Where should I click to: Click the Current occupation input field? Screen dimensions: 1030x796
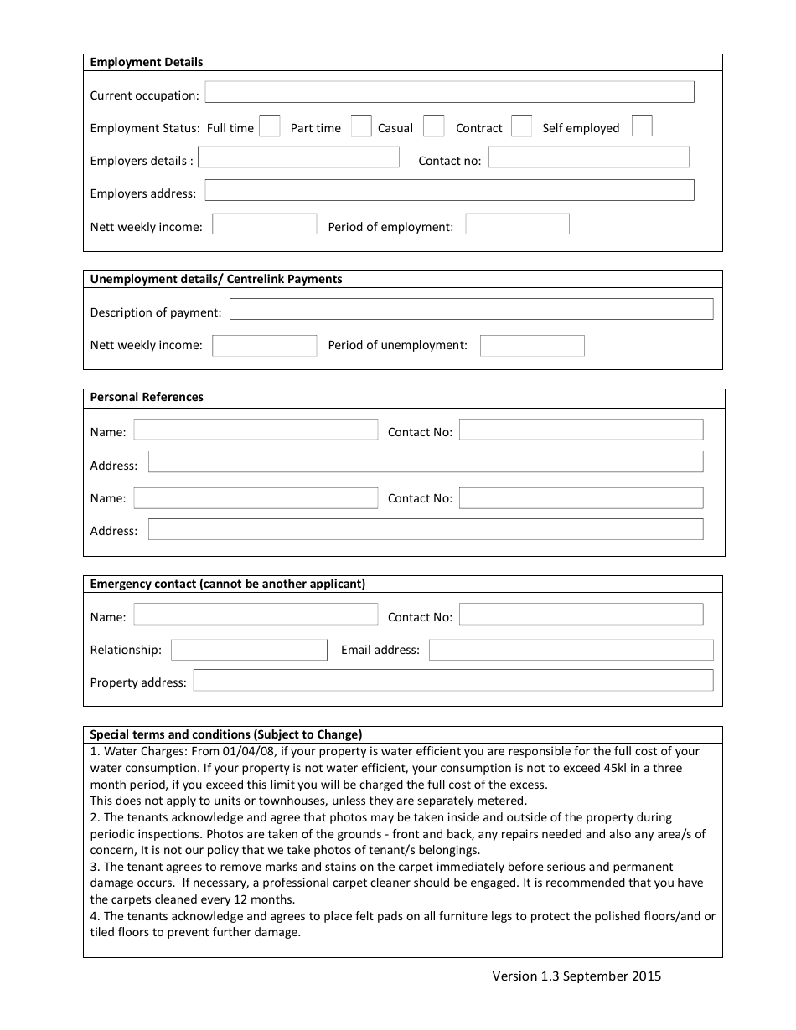(x=449, y=92)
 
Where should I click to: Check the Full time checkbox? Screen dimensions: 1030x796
(x=269, y=126)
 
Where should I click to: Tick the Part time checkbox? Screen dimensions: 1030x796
(x=361, y=126)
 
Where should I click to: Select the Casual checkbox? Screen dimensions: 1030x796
(x=433, y=126)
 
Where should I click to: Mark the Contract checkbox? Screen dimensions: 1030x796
(x=521, y=126)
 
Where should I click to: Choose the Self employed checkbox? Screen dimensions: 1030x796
(x=642, y=126)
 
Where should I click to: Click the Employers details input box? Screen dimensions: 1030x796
(x=298, y=157)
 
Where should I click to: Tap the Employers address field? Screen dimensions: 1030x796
(x=449, y=190)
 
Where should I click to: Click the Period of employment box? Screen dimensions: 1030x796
(x=517, y=224)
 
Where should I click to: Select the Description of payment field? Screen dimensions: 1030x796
(x=471, y=309)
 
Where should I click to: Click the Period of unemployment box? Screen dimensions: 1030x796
(x=532, y=346)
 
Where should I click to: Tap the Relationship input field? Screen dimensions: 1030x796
(x=249, y=651)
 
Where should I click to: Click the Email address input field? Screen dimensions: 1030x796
(x=571, y=651)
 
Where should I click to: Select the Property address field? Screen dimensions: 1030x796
(x=452, y=680)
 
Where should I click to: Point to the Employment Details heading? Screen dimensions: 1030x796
(x=147, y=63)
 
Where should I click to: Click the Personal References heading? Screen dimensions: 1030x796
(x=147, y=398)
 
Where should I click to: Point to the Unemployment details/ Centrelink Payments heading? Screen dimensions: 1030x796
(x=216, y=280)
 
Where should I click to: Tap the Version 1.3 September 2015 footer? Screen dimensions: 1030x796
(x=576, y=976)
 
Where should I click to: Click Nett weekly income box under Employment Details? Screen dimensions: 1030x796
(x=264, y=224)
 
